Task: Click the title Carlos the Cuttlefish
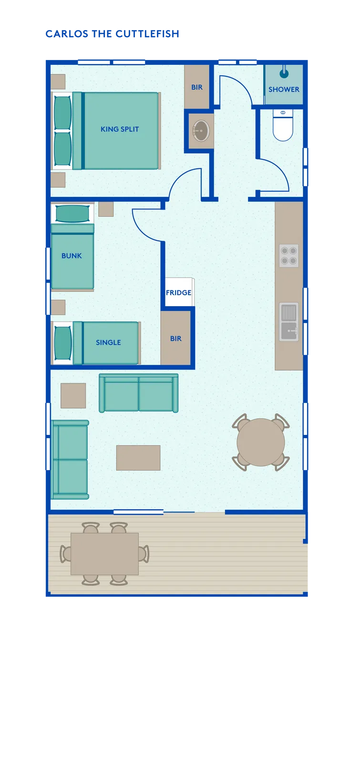tap(113, 34)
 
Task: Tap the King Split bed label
tap(120, 129)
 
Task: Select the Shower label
tap(284, 89)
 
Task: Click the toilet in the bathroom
tap(283, 125)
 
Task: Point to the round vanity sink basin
tap(201, 130)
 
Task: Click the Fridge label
tap(178, 293)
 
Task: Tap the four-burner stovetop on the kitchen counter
tap(289, 256)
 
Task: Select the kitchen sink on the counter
tap(289, 322)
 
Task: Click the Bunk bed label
tap(72, 256)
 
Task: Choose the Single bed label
tap(108, 342)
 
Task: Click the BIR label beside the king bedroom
tap(197, 87)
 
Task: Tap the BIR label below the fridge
tap(176, 339)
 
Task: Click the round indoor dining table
tap(261, 442)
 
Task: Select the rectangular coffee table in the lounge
tap(138, 458)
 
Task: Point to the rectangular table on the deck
tap(104, 554)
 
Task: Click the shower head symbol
tap(284, 73)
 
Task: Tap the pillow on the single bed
tap(63, 343)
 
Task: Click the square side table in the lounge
tap(73, 395)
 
